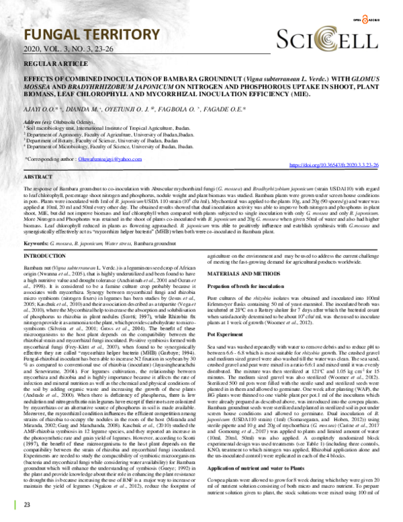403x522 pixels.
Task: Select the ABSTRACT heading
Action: (x=38, y=176)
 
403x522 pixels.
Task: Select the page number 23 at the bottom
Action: (x=28, y=505)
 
